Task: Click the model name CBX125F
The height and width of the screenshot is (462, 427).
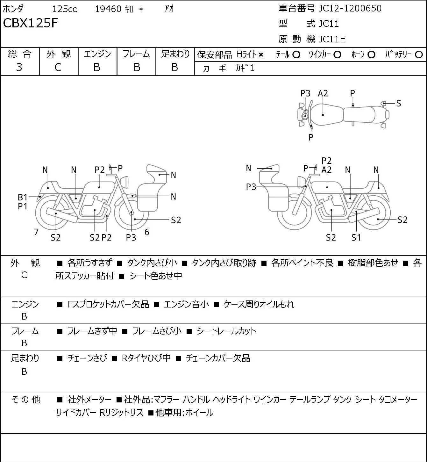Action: (30, 23)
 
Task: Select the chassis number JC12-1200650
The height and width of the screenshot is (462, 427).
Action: (350, 8)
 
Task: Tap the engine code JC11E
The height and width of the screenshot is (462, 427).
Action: (332, 39)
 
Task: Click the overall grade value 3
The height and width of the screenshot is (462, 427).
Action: (19, 68)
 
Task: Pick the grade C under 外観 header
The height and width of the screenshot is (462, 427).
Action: (58, 68)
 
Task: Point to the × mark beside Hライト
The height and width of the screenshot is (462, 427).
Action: (261, 55)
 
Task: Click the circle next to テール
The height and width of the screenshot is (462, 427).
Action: (296, 55)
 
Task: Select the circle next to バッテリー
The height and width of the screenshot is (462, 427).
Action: (419, 55)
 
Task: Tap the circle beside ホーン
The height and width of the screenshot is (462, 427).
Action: (371, 55)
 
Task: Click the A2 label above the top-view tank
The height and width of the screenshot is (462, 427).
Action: (323, 94)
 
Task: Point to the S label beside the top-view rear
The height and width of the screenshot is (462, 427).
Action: (399, 104)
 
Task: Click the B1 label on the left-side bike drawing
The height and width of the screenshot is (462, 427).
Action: (23, 198)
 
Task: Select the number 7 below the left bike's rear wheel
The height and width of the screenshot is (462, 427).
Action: (36, 232)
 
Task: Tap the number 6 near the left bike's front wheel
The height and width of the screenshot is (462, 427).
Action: (147, 232)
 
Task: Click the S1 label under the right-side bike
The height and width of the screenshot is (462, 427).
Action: (356, 237)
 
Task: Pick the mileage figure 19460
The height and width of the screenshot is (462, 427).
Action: (108, 9)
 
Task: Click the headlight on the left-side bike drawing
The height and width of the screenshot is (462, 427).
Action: (125, 182)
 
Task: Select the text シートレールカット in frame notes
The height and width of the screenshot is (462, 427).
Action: (226, 331)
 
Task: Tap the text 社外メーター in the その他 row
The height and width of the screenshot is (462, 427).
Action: (89, 400)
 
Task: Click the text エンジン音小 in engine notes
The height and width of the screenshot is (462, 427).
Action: (186, 304)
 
